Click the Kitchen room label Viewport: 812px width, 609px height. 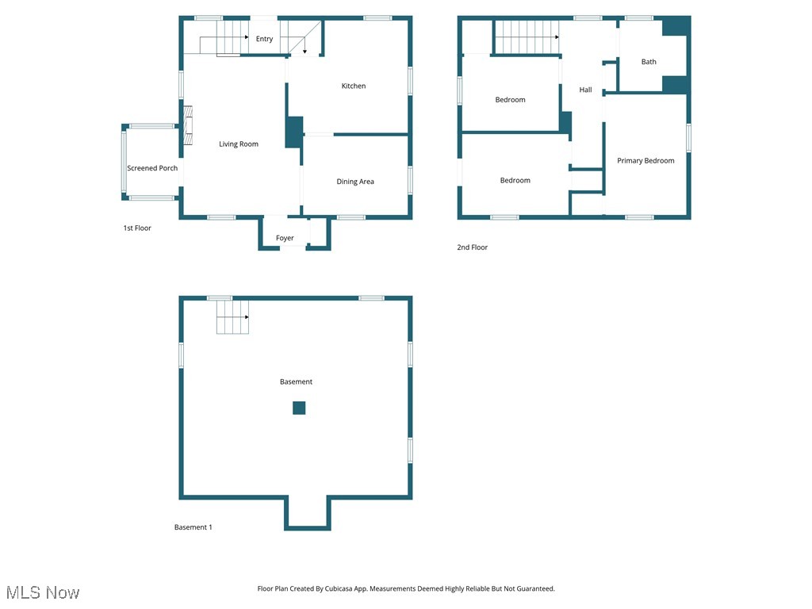point(354,86)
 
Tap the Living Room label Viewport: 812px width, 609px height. point(239,144)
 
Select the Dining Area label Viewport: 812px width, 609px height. point(355,182)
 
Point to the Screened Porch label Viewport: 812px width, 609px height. point(152,168)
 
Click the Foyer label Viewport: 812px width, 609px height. point(285,238)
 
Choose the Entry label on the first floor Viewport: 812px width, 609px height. point(264,39)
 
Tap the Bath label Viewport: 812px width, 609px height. point(649,62)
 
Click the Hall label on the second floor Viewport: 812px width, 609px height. point(585,90)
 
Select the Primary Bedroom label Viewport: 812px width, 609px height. point(645,161)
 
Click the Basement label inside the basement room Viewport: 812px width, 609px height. point(296,382)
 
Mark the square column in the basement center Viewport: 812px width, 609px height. point(299,408)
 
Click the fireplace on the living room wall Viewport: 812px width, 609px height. point(187,126)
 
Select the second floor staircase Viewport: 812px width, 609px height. point(527,36)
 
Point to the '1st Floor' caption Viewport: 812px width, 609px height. point(136,228)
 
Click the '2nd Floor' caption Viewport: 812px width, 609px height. point(472,247)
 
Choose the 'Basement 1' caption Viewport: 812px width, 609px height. point(193,527)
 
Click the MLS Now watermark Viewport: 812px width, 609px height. point(43,592)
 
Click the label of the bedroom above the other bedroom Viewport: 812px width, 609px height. point(510,100)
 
